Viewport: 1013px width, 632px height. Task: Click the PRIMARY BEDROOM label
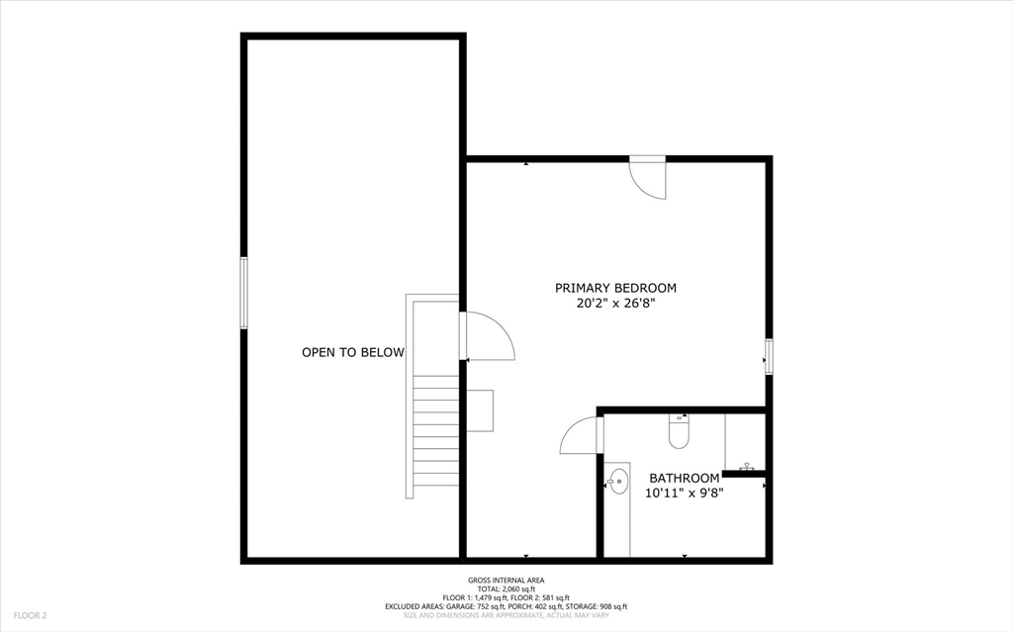coord(615,288)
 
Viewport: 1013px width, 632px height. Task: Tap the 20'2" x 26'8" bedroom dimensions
coord(615,305)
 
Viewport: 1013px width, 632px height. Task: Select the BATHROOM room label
coord(684,478)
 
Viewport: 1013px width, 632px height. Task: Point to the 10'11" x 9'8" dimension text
coord(684,493)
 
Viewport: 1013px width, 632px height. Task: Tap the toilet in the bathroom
coord(679,431)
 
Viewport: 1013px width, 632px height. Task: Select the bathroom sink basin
coord(618,482)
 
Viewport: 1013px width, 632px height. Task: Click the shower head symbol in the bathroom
coord(747,466)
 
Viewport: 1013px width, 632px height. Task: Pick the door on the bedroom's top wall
coord(649,178)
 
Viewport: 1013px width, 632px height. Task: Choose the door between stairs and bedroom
coord(489,336)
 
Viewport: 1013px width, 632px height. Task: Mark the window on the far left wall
coord(242,293)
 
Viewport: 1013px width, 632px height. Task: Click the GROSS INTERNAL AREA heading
coord(506,581)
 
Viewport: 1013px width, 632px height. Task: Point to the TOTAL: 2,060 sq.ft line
coord(506,588)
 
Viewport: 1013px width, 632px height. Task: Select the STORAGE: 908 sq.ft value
coord(599,606)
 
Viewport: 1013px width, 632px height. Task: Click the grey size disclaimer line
coord(506,615)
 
